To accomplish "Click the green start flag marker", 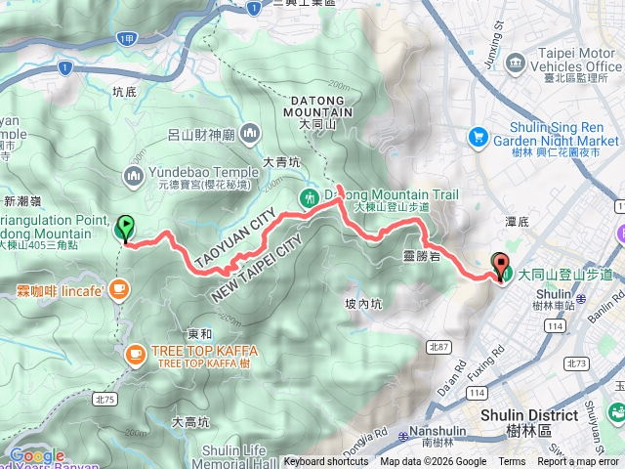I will (125, 228).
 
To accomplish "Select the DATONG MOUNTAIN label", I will (318, 107).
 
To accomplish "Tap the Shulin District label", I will (528, 414).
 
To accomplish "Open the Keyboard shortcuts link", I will (325, 462).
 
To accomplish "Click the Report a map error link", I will (579, 462).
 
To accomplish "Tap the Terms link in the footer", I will (512, 462).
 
